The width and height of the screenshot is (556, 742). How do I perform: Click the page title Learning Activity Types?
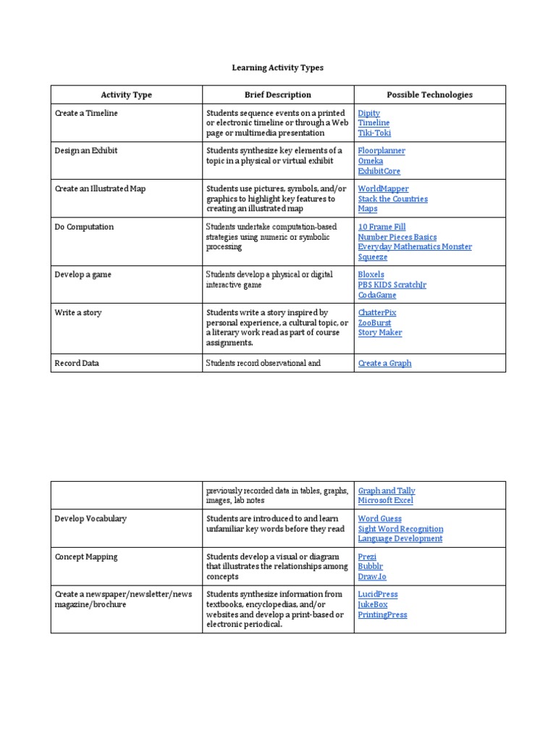(277, 67)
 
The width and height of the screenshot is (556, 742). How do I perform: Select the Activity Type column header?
(126, 95)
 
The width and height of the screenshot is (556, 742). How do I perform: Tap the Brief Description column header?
(277, 95)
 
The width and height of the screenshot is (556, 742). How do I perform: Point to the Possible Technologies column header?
(429, 95)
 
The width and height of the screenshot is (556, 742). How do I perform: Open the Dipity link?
(368, 114)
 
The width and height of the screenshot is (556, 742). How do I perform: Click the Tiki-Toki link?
(374, 133)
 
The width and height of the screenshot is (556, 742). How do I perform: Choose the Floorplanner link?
(382, 151)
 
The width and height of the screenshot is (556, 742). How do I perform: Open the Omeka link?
(371, 161)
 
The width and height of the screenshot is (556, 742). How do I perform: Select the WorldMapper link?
(383, 189)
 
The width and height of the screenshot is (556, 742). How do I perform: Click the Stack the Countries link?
(392, 199)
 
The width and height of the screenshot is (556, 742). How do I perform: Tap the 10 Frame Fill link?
(382, 227)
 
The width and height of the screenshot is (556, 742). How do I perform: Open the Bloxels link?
(371, 275)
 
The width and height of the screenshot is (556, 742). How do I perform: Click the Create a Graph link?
(384, 364)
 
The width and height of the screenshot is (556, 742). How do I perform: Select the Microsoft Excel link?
(385, 501)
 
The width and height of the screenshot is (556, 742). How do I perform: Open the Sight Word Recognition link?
(400, 529)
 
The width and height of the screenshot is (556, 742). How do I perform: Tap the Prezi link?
(367, 557)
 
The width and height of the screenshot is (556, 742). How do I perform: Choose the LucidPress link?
(377, 595)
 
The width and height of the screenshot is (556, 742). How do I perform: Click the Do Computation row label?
(84, 227)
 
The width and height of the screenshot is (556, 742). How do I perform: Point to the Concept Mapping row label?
(86, 557)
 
